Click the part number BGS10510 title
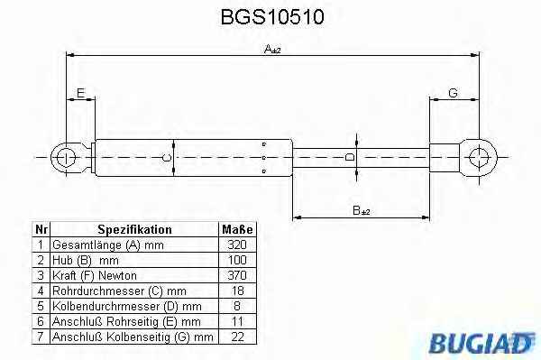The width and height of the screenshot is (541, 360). [x=272, y=17]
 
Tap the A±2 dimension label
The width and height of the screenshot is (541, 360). [x=272, y=49]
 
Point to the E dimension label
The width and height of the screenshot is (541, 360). [x=80, y=93]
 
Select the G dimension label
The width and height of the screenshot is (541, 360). [x=453, y=93]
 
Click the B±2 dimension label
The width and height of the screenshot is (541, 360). [x=362, y=210]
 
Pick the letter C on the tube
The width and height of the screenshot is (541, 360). [x=166, y=158]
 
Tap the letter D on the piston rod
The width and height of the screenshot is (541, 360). [x=350, y=157]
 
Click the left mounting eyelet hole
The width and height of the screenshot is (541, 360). [x=66, y=158]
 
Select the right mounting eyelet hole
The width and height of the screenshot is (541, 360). [x=480, y=157]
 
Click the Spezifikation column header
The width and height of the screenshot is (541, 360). [x=134, y=229]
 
